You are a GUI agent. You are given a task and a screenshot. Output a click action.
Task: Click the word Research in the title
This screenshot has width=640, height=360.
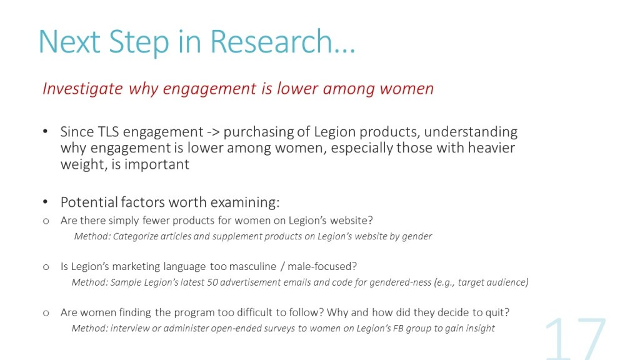click(271, 42)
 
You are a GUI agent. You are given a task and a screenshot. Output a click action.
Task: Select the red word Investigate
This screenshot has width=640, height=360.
click(82, 89)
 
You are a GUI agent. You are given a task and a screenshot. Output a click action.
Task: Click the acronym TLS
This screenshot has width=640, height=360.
click(108, 132)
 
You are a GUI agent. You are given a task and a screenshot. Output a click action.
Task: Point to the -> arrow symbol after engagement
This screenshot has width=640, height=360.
click(213, 132)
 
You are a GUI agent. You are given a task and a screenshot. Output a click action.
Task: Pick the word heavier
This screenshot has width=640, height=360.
click(491, 147)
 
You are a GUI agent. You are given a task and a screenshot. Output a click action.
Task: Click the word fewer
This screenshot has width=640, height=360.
click(156, 221)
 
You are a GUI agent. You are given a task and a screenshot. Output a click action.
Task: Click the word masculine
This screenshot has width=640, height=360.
click(252, 266)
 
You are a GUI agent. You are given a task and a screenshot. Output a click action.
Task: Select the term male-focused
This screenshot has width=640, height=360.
click(322, 266)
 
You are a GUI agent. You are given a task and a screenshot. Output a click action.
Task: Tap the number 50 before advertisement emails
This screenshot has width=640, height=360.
click(212, 282)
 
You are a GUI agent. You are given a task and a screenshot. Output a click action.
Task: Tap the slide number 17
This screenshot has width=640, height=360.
click(576, 339)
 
